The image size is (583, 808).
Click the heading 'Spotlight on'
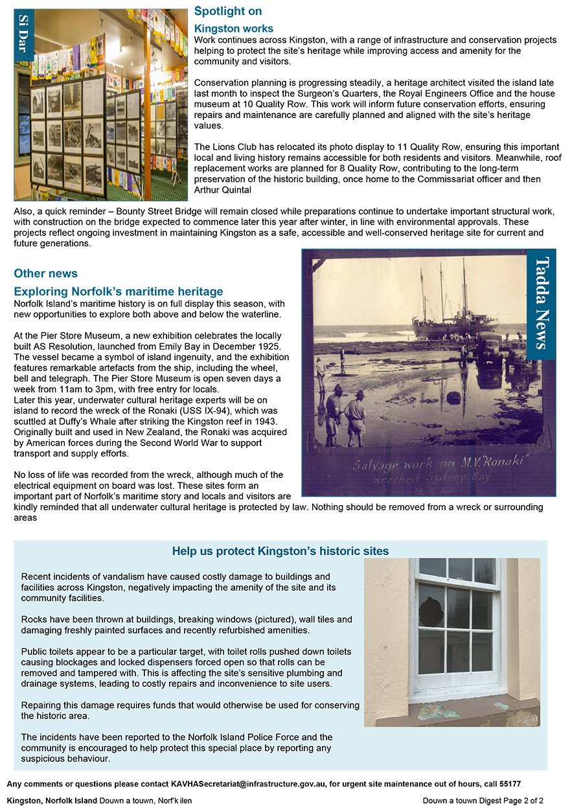(227, 12)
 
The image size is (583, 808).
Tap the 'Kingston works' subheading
(233, 29)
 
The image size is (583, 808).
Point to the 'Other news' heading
(45, 274)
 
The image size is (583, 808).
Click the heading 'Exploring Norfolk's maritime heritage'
(118, 292)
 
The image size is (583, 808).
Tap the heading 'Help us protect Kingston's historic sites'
(280, 552)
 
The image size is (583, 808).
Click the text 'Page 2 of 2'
(522, 801)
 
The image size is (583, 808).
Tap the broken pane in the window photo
(429, 610)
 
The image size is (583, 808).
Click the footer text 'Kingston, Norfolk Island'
(52, 801)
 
